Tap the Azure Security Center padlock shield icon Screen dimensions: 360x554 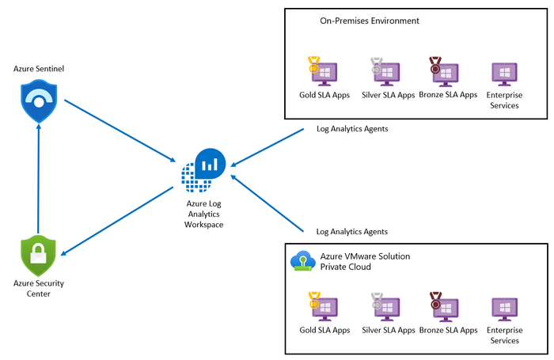(x=39, y=256)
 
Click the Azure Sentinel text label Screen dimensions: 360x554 (x=39, y=70)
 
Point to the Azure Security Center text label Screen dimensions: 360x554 (x=39, y=288)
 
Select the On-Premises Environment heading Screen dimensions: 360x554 (x=370, y=21)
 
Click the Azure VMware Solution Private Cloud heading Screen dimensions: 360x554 (x=365, y=262)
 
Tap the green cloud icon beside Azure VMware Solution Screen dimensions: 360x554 (x=302, y=261)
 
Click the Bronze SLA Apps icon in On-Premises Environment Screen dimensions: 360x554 (x=446, y=72)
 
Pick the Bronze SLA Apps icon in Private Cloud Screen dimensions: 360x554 (x=446, y=307)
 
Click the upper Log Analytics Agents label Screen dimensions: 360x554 (x=352, y=128)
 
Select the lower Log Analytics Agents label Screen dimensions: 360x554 (x=352, y=232)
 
